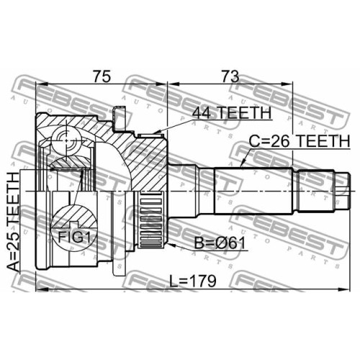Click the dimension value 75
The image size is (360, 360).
(x=102, y=76)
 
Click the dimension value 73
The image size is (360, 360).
(x=230, y=76)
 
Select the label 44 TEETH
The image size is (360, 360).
(x=232, y=112)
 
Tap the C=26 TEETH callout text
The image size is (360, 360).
(x=300, y=141)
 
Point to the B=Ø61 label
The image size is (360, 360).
(x=220, y=243)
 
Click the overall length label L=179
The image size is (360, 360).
(x=193, y=281)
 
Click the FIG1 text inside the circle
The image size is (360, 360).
(x=74, y=238)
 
